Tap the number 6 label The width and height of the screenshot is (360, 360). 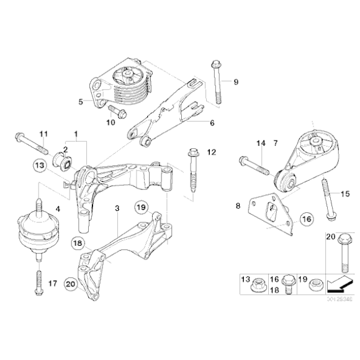(212, 123)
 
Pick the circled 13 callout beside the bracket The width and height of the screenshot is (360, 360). (40, 166)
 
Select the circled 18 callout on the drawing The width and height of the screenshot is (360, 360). (77, 243)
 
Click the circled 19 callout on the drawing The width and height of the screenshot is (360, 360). (140, 207)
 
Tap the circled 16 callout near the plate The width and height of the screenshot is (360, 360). (307, 218)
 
